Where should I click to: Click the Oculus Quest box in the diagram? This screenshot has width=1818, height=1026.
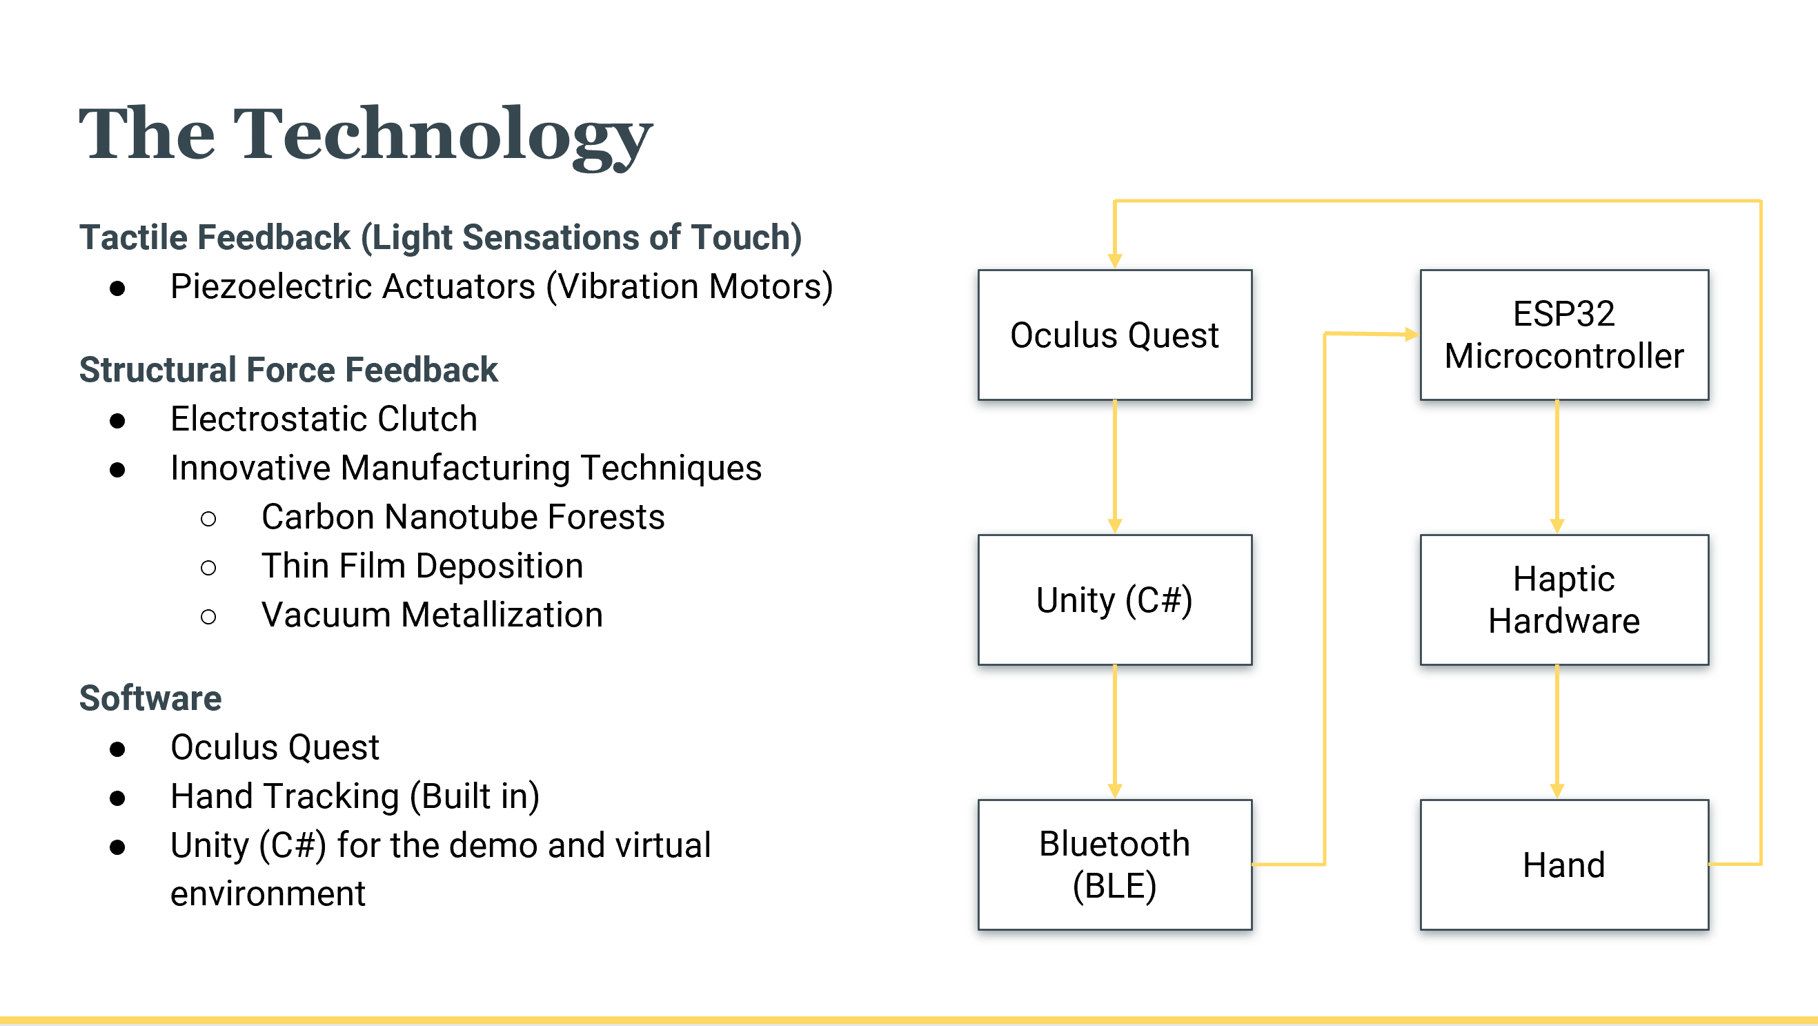point(1114,335)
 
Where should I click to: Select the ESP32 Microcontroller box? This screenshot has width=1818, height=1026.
point(1564,335)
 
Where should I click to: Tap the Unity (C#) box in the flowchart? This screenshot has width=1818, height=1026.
point(1114,600)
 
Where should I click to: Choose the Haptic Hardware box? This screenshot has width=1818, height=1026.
point(1564,600)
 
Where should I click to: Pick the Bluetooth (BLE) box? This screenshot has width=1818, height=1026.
point(1114,865)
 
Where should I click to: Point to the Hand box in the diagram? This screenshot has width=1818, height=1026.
point(1564,865)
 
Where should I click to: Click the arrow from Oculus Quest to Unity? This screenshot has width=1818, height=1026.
point(1115,466)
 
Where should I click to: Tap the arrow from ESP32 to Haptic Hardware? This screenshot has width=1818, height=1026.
point(1557,466)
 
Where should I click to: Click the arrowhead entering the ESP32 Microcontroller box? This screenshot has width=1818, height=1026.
point(1411,335)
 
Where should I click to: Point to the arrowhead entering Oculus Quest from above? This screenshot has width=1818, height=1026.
point(1115,260)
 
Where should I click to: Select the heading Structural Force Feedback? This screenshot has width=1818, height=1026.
point(288,370)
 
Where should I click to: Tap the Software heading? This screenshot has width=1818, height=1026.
point(150,698)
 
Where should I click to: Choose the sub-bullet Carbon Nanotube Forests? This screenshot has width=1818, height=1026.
point(463,517)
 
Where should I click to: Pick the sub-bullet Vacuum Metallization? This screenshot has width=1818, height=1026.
point(432,615)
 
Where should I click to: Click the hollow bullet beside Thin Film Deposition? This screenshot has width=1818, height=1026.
point(208,567)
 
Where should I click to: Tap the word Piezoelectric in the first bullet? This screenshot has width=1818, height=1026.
point(271,286)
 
